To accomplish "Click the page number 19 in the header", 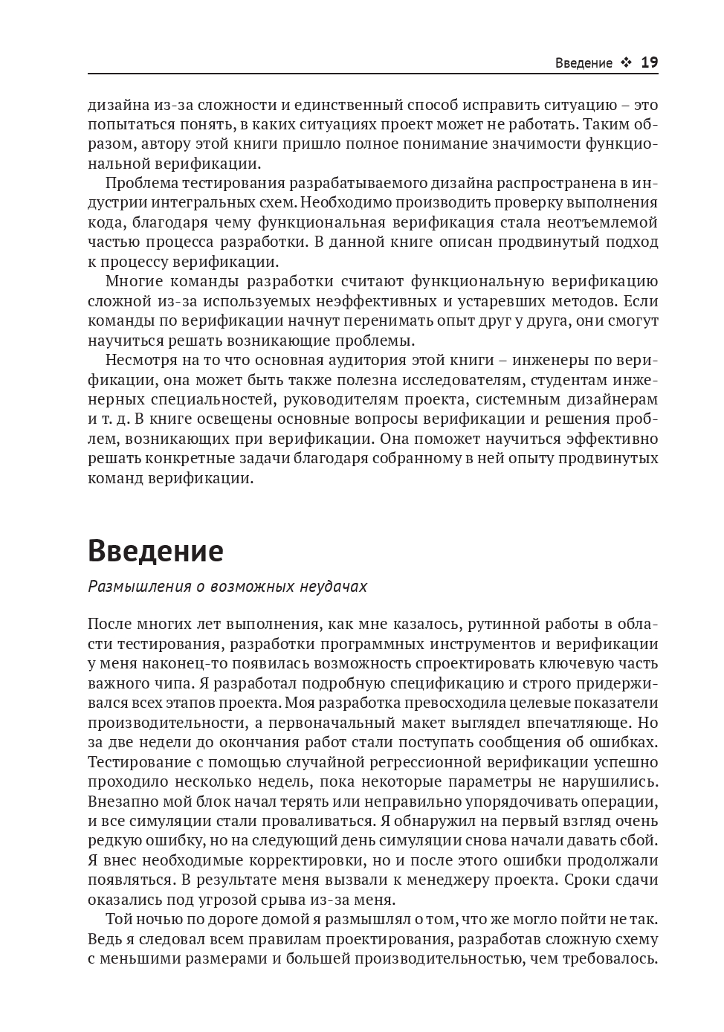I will [x=649, y=62].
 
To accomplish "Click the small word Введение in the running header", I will [x=584, y=63].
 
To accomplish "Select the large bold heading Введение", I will [x=155, y=551].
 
